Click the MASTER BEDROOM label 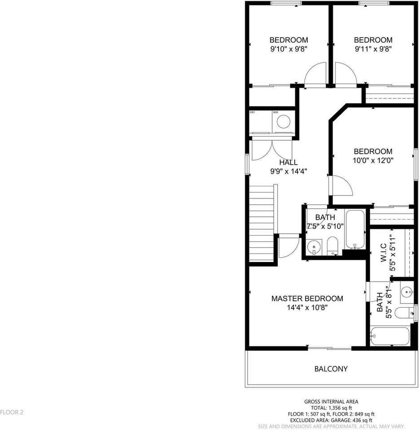[307, 298]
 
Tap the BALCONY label [331, 369]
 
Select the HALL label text [288, 163]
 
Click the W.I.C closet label [384, 253]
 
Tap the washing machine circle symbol [283, 121]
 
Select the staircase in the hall [262, 224]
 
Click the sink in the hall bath [313, 247]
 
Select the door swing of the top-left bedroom [314, 75]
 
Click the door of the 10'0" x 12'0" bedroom [341, 186]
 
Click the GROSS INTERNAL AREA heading [331, 402]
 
